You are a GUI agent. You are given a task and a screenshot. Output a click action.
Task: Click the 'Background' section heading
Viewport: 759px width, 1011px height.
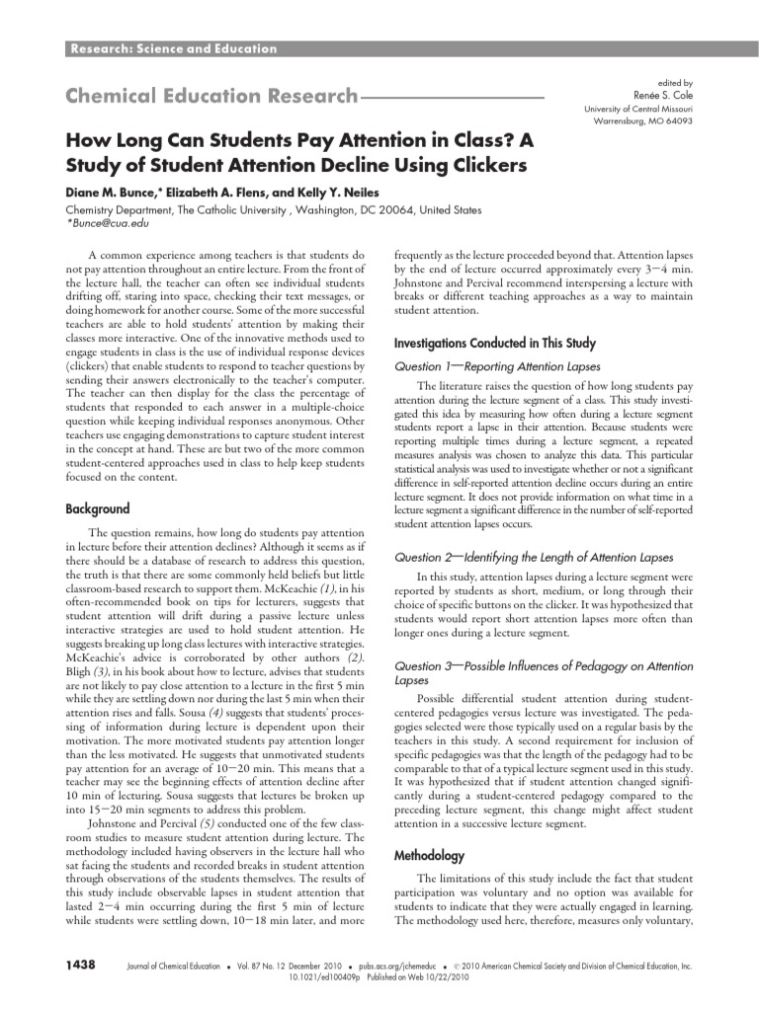[98, 508]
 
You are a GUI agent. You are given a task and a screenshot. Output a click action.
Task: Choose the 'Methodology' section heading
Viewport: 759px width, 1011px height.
[432, 854]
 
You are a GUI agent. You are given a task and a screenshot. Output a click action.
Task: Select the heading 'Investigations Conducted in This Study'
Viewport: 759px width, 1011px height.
[495, 344]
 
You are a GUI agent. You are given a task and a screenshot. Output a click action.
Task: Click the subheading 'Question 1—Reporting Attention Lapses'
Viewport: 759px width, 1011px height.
[484, 365]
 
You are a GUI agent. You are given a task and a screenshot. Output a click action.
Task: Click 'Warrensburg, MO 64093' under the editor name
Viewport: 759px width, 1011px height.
[642, 120]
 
